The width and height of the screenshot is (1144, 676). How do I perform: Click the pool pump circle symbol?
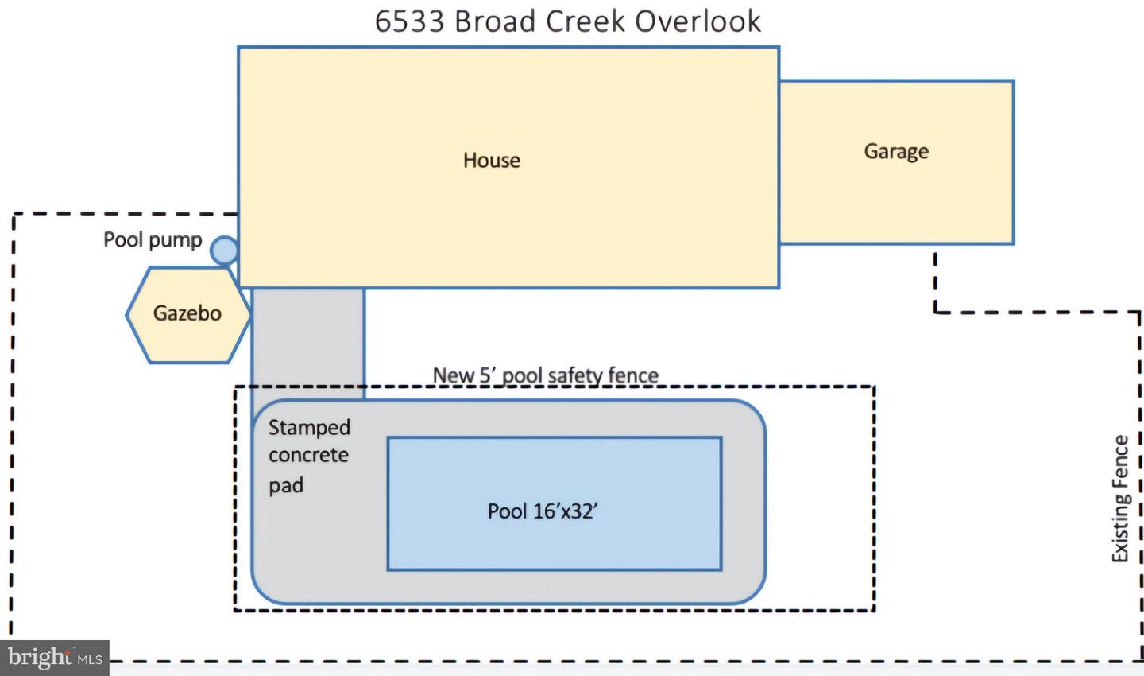224,250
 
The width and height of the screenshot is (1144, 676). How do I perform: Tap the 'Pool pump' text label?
153,240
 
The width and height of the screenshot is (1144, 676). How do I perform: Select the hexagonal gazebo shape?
188,315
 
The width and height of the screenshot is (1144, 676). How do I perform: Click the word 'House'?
491,160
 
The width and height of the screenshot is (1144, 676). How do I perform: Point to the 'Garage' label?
896,152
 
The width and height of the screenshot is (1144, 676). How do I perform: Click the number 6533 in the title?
410,21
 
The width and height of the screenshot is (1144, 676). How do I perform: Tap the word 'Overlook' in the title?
698,21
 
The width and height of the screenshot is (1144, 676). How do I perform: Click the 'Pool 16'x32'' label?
543,511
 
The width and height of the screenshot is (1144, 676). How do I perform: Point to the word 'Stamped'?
309,428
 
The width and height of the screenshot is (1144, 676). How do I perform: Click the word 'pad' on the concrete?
286,485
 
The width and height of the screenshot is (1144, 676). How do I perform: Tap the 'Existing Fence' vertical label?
1119,499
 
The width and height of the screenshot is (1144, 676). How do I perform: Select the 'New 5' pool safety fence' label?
546,375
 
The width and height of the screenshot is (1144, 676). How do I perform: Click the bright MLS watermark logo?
55,658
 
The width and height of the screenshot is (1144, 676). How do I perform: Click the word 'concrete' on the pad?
308,455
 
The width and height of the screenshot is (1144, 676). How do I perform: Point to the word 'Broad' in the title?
494,21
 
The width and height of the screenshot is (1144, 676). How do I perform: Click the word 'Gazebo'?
187,313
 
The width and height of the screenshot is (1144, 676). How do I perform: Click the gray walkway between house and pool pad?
308,343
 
